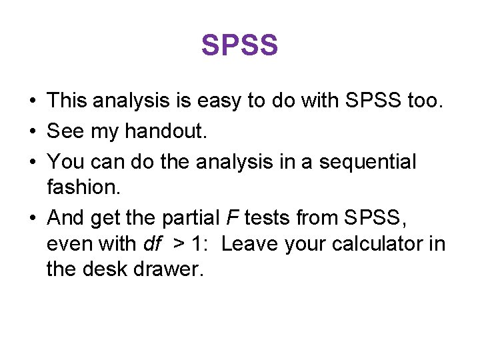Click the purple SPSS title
click(239, 45)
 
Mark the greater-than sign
click(179, 245)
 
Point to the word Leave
click(250, 244)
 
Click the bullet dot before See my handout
click(32, 132)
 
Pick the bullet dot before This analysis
click(32, 102)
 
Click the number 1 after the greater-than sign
click(199, 244)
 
